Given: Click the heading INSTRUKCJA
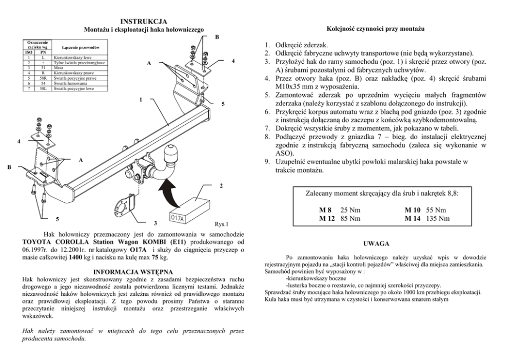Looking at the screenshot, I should pyautogui.click(x=144, y=21).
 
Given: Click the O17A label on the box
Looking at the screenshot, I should pyautogui.click(x=178, y=218).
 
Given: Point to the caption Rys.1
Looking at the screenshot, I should pyautogui.click(x=221, y=224).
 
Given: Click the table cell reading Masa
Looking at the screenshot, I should pyautogui.click(x=58, y=67).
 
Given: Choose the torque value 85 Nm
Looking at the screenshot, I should pyautogui.click(x=350, y=218).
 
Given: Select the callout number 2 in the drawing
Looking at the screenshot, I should pyautogui.click(x=221, y=185).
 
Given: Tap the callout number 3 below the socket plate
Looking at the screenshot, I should pyautogui.click(x=155, y=224).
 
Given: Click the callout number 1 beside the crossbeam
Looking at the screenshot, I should pyautogui.click(x=140, y=98).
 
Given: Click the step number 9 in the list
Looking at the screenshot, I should pyautogui.click(x=267, y=162).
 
